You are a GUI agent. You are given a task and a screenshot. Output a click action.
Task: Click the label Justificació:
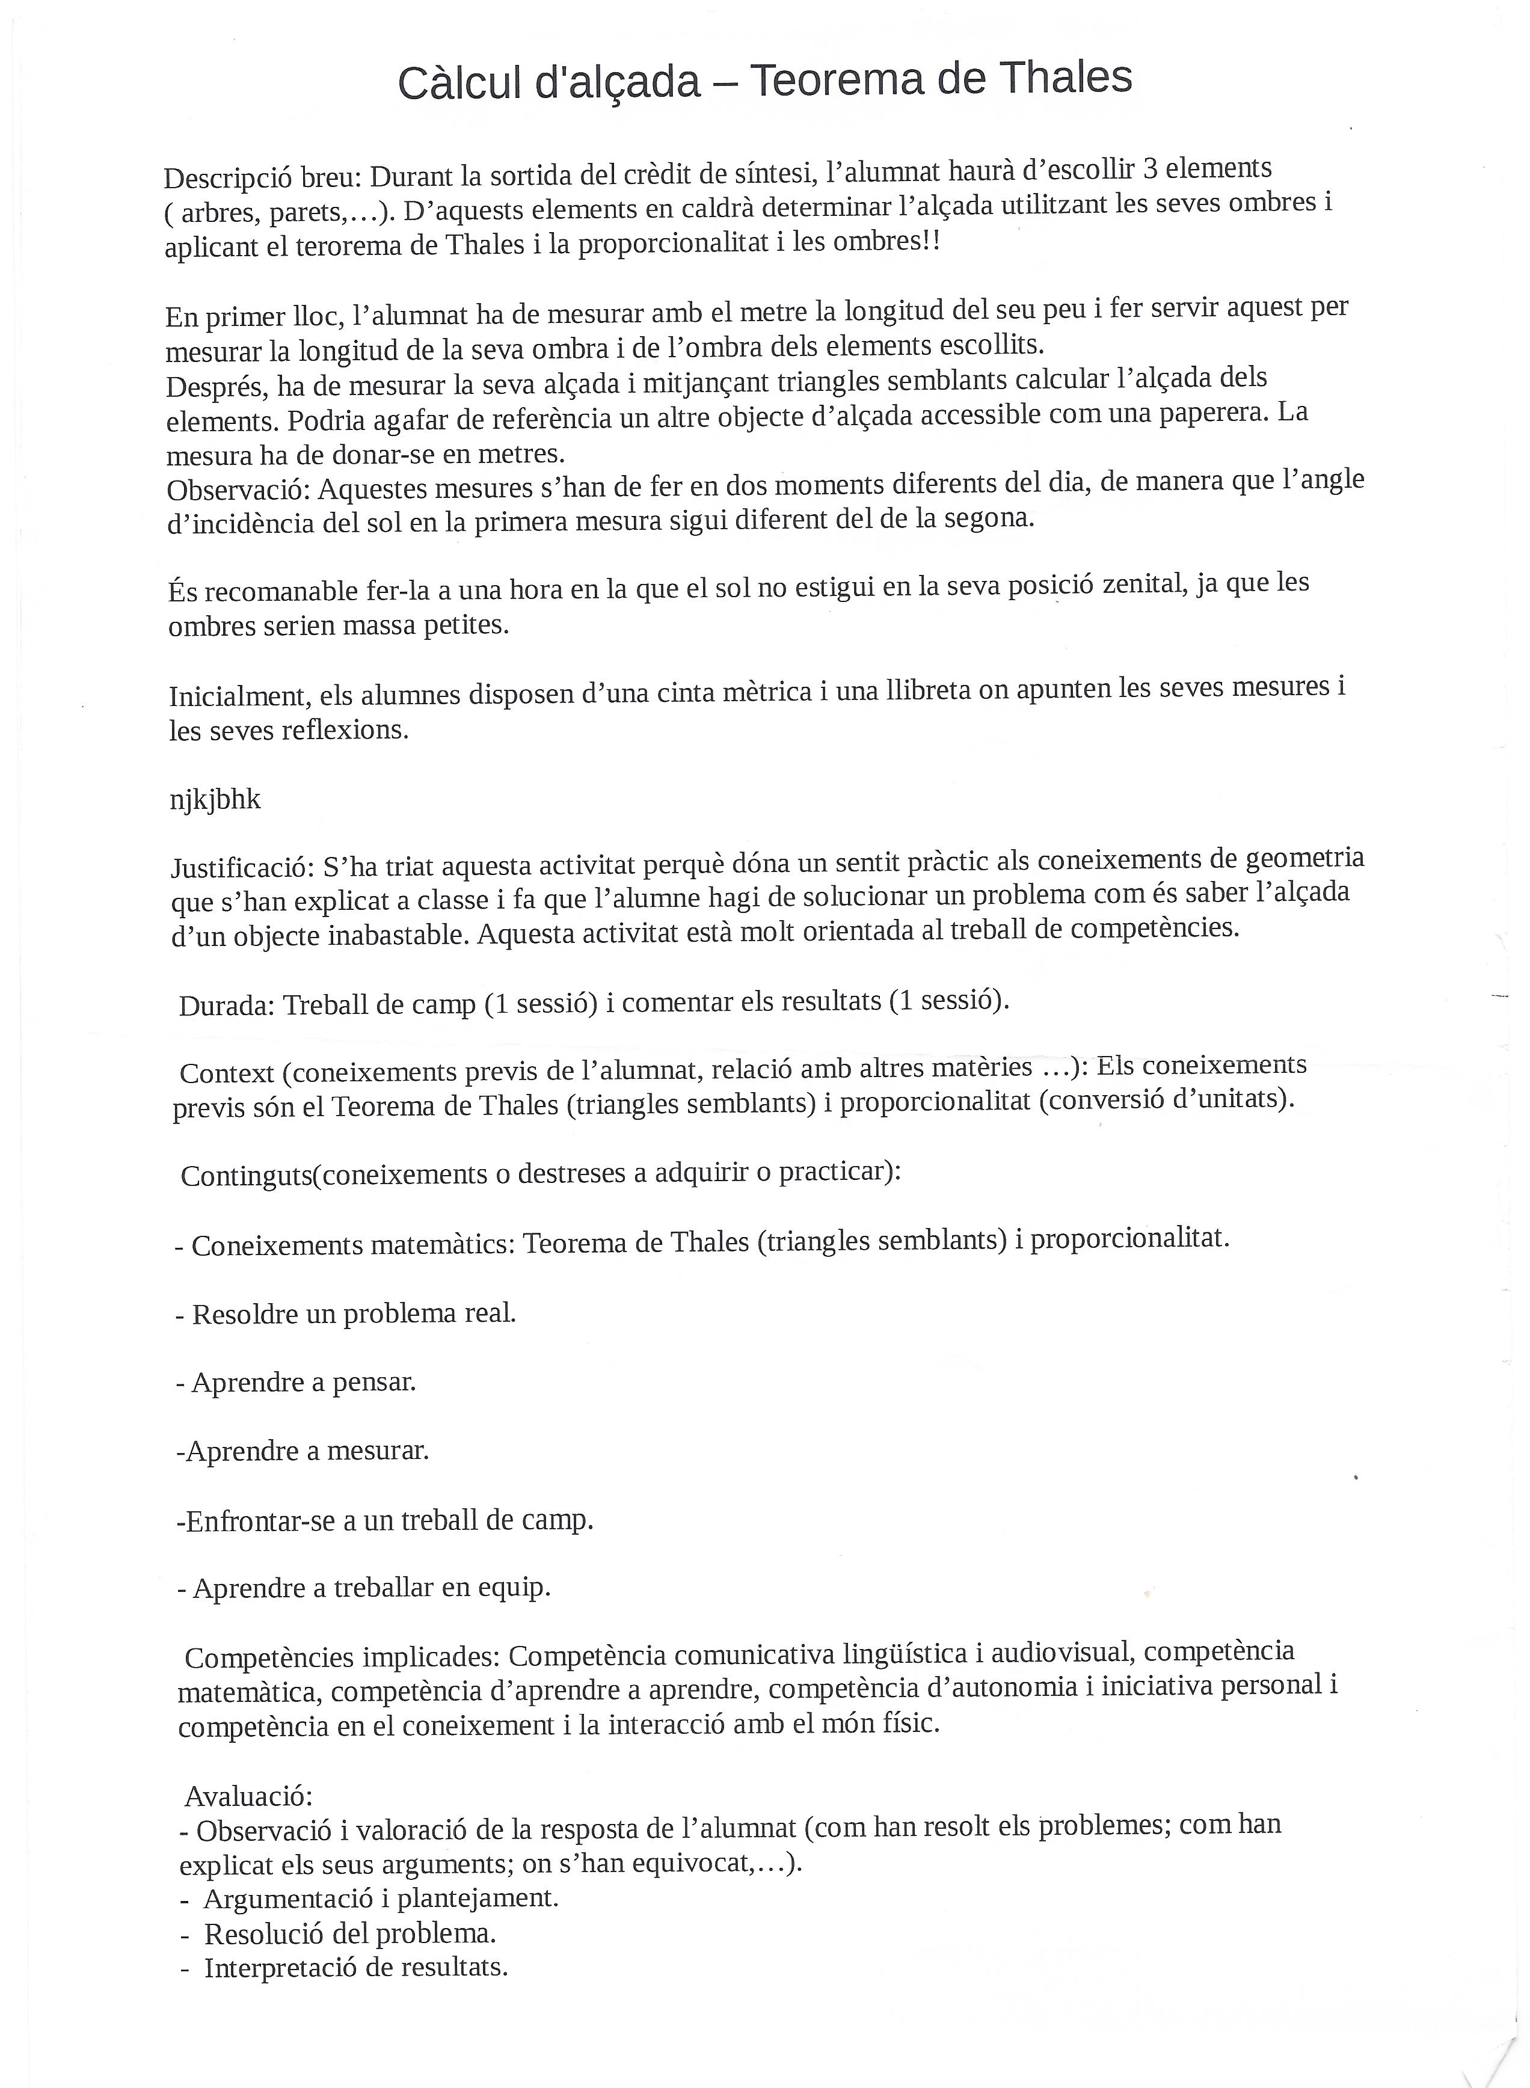pyautogui.click(x=242, y=868)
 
